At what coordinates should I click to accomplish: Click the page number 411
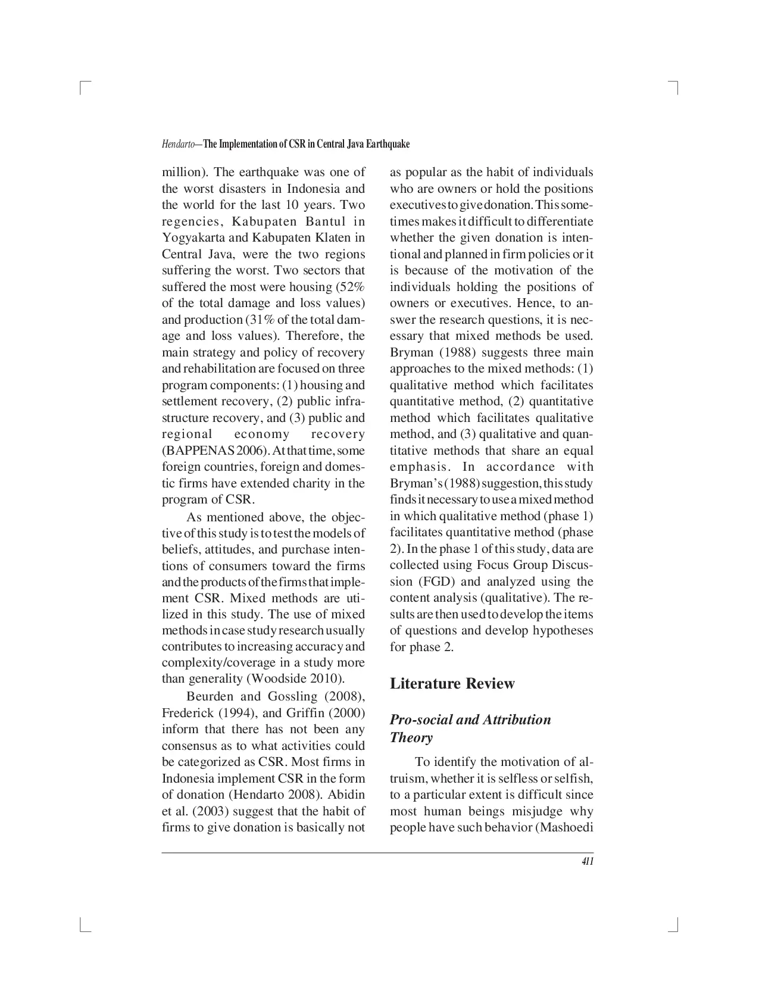587,862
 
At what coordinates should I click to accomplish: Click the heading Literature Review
452,683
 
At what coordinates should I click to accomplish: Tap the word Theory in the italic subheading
411,737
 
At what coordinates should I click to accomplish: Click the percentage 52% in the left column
351,287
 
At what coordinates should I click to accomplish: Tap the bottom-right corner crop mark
675,926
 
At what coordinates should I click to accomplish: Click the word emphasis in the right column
418,467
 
